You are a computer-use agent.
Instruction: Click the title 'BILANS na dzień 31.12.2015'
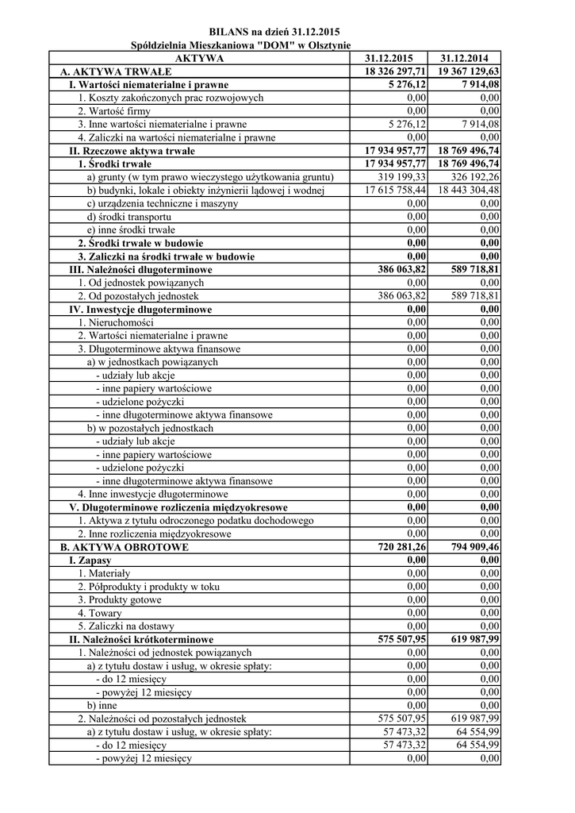pos(274,32)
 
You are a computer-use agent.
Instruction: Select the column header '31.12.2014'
pos(465,58)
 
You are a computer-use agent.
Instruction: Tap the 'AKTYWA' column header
pos(199,58)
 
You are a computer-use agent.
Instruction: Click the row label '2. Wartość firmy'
pos(113,111)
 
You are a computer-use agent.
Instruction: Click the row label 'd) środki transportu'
pos(128,217)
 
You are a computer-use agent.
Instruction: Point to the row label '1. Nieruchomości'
pos(116,322)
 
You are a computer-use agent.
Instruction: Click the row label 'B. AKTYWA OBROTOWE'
pos(125,547)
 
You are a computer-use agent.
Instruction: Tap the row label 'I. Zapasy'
pos(90,561)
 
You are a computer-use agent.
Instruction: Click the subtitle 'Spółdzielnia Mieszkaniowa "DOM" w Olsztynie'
pos(240,46)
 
